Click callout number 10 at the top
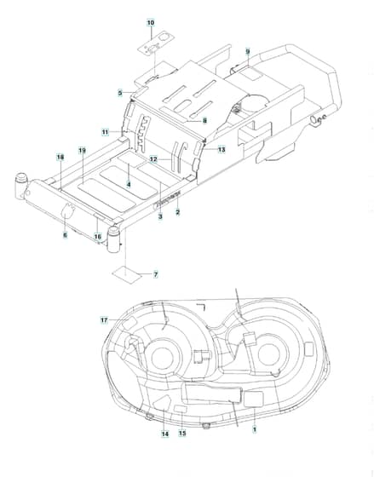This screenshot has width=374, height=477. pos(151,22)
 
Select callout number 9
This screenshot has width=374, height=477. pos(248,51)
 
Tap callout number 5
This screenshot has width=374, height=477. pos(120,93)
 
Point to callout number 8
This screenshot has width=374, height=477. pos(204,121)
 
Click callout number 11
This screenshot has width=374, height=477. pos(106,132)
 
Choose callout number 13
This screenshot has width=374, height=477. pos(222,150)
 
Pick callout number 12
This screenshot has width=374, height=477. pos(153,159)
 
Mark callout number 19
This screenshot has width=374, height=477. pos(82,150)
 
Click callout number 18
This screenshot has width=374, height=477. pos(60,158)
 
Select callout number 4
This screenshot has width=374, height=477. pos(129,184)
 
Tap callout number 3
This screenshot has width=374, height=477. pos(160,216)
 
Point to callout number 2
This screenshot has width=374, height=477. pos(178,212)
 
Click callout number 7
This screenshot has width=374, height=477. pos(156,274)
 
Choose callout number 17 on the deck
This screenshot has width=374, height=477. pos(104,320)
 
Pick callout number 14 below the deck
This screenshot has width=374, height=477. pos(165,434)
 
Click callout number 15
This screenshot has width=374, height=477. pos(182,433)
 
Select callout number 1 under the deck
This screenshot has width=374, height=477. pos(255,429)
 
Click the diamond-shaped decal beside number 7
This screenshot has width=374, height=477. pos(127,274)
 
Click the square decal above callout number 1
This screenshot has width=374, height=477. pos(254,399)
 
